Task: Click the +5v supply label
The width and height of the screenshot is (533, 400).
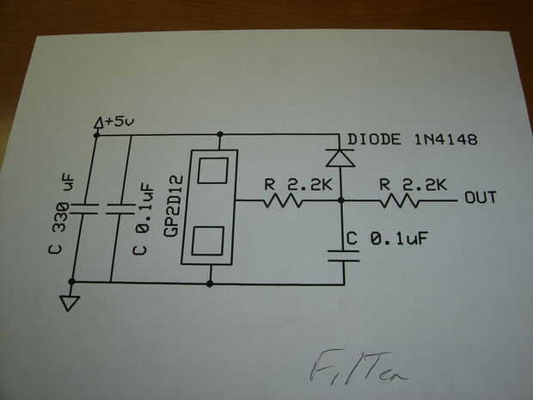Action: coord(119,123)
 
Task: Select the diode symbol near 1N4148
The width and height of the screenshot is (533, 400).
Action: coord(341,157)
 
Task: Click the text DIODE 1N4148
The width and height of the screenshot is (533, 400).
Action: coord(411,139)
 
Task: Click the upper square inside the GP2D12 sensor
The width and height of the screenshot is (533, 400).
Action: coord(211,170)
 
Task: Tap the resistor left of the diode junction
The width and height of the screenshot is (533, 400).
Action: coord(283,201)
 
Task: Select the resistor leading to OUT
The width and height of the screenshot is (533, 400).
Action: coord(400,201)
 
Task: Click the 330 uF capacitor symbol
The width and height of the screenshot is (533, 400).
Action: coord(72,208)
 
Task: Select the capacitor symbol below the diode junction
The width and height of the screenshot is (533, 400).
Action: coord(342,252)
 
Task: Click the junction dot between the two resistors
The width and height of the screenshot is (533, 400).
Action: coord(342,201)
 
